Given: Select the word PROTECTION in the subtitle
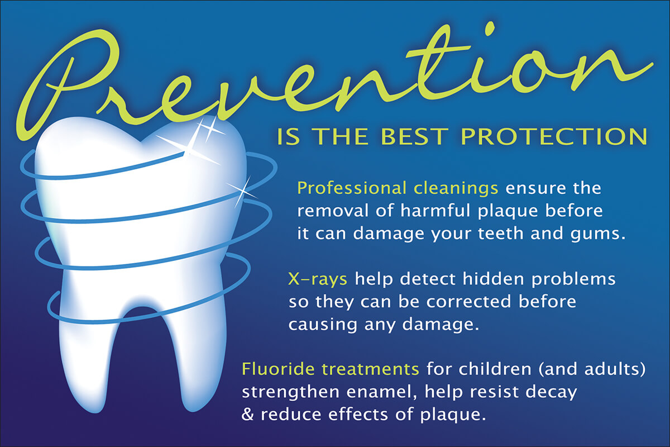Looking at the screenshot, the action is [x=554, y=137].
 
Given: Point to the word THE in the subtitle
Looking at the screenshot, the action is [x=341, y=137].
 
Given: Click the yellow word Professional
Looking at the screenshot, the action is [x=352, y=189].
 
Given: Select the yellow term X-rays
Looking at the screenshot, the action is [x=318, y=279].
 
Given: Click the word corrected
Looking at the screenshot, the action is [x=468, y=302].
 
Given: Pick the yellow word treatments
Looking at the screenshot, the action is [x=370, y=369].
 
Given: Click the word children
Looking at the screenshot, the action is [x=495, y=369].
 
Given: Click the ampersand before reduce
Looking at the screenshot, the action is [x=247, y=415].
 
